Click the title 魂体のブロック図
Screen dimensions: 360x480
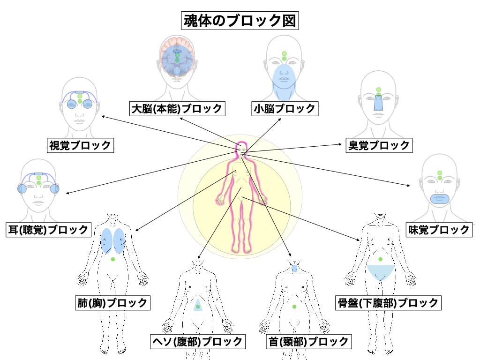click(x=240, y=21)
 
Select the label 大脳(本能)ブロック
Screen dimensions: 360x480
click(x=177, y=109)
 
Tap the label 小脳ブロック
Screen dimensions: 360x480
click(x=285, y=109)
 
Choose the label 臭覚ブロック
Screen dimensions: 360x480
click(x=378, y=145)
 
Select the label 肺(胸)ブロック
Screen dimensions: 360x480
click(x=112, y=303)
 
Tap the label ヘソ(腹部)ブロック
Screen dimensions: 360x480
click(x=197, y=341)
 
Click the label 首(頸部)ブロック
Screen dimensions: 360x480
click(x=308, y=341)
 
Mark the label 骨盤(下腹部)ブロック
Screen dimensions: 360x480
click(x=388, y=303)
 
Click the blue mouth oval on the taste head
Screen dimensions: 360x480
click(x=440, y=198)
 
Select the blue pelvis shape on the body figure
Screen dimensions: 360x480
click(x=380, y=272)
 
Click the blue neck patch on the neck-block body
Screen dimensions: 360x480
click(x=294, y=269)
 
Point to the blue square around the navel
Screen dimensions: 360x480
click(x=198, y=307)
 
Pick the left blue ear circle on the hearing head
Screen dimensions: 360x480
click(x=22, y=189)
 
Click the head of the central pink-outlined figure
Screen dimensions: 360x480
click(x=242, y=149)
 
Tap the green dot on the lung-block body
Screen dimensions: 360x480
click(x=112, y=259)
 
